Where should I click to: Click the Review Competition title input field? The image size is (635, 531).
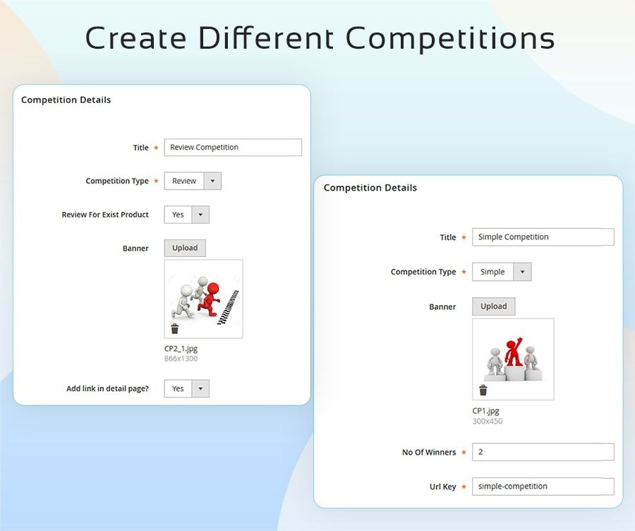[233, 147]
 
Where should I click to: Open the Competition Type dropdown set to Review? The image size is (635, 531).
[193, 181]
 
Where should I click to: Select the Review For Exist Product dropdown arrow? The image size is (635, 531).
[200, 215]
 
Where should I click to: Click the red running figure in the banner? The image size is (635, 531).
[210, 299]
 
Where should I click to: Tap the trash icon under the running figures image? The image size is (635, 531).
[174, 328]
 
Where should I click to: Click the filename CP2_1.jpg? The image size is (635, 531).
[181, 349]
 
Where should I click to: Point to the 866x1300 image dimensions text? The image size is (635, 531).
[181, 359]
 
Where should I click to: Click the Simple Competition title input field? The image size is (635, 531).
[543, 237]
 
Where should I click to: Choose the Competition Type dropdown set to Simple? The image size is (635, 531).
[502, 272]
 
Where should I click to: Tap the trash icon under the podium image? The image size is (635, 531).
[483, 390]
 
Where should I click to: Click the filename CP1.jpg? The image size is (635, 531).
[485, 411]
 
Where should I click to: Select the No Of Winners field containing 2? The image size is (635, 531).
[543, 452]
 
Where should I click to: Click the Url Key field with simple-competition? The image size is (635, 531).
[543, 487]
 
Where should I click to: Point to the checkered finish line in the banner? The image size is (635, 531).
[229, 307]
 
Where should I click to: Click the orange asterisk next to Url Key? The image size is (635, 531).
[464, 487]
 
